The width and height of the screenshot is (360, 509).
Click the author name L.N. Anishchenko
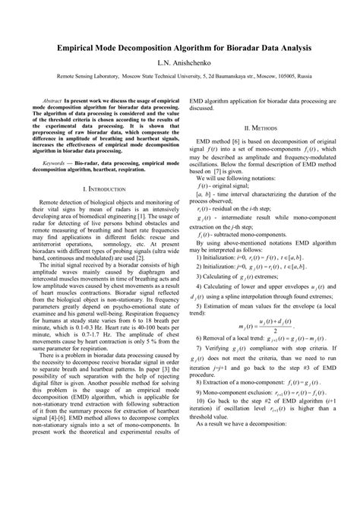tap(179, 63)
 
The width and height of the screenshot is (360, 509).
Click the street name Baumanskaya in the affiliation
tap(218, 77)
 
